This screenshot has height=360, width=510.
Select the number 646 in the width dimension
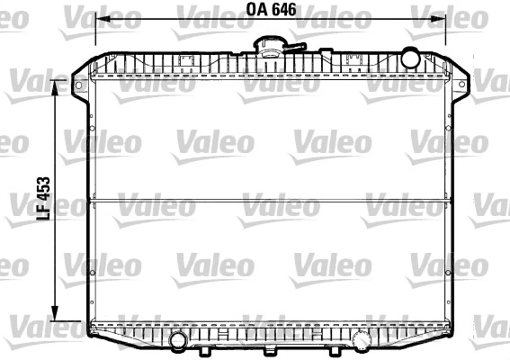(283, 11)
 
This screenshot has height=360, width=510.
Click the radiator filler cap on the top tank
(271, 46)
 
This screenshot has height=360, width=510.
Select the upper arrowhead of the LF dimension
(58, 84)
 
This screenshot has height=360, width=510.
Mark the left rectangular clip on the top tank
(187, 62)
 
